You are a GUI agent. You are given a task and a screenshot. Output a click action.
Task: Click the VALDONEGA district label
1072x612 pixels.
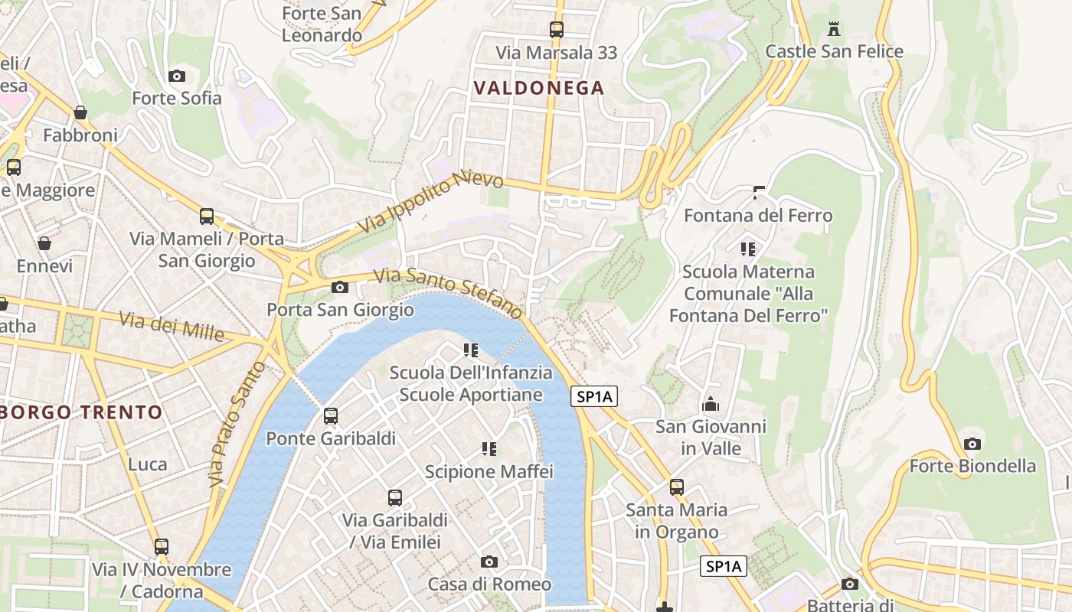[x=539, y=88]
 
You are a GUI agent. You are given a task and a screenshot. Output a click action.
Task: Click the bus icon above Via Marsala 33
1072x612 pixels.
[x=557, y=30]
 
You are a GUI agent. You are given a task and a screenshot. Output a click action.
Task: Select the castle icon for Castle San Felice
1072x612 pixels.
[x=835, y=29]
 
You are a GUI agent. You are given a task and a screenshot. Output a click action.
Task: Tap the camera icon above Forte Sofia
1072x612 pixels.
[x=177, y=76]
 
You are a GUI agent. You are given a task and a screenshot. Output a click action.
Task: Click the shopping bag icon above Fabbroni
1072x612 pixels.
[x=80, y=113]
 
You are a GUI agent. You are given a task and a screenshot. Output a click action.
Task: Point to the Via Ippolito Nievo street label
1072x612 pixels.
[x=431, y=202]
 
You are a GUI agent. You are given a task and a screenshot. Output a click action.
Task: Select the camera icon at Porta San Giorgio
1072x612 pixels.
[x=340, y=288]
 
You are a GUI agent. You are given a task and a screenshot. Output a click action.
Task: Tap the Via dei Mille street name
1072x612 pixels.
[x=172, y=327]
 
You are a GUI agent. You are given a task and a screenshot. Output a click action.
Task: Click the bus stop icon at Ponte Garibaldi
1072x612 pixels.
[x=331, y=416]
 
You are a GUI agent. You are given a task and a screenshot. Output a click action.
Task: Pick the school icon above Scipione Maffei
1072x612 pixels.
[x=489, y=449]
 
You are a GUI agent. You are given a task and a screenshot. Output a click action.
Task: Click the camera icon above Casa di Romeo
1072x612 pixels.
[x=489, y=562]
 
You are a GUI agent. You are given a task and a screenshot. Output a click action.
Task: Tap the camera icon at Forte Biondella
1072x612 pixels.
[x=972, y=444]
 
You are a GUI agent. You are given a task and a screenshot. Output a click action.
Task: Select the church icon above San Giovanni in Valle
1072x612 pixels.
[x=711, y=404]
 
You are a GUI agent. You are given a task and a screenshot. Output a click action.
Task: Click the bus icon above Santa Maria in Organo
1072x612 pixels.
[x=677, y=487]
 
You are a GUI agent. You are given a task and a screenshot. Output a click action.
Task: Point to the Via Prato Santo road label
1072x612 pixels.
[x=237, y=423]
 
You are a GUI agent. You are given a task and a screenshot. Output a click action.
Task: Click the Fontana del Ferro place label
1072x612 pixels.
[x=758, y=216]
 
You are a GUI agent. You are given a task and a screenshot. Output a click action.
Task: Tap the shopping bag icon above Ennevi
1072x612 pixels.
[x=44, y=244]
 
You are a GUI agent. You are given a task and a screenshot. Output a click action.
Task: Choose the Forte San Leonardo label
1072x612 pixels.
[x=322, y=24]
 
